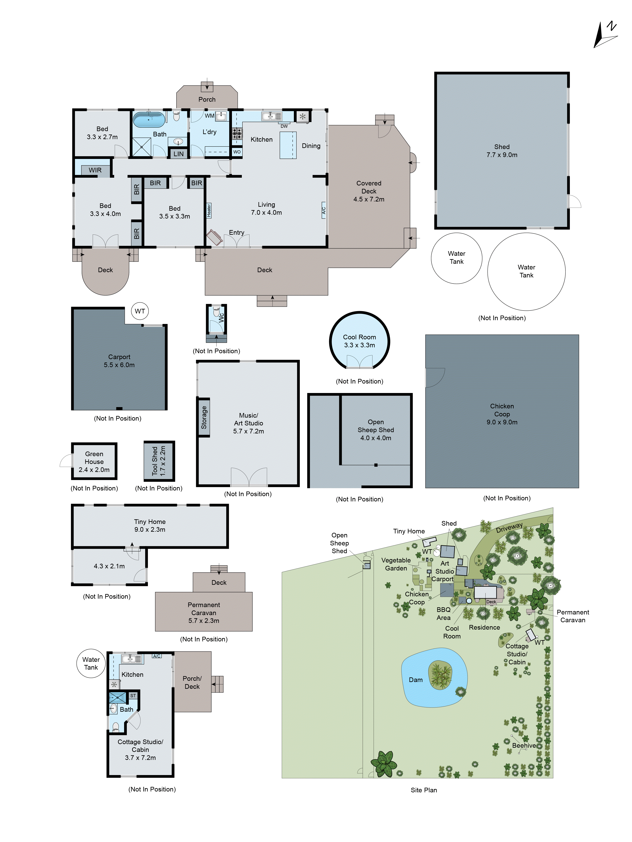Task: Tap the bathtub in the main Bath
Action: click(149, 120)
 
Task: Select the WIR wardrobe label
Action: click(95, 170)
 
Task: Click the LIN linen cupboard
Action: click(178, 154)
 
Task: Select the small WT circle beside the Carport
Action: click(140, 311)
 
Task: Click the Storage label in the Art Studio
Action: click(204, 417)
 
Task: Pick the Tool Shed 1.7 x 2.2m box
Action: click(159, 461)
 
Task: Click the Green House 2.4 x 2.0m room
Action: click(94, 461)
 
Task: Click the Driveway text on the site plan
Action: click(509, 528)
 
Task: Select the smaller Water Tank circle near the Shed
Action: click(456, 258)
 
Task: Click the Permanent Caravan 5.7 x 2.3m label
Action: click(204, 613)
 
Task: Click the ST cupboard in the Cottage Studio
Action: click(133, 695)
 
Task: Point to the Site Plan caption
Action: click(424, 790)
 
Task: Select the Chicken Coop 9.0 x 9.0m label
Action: click(502, 414)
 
